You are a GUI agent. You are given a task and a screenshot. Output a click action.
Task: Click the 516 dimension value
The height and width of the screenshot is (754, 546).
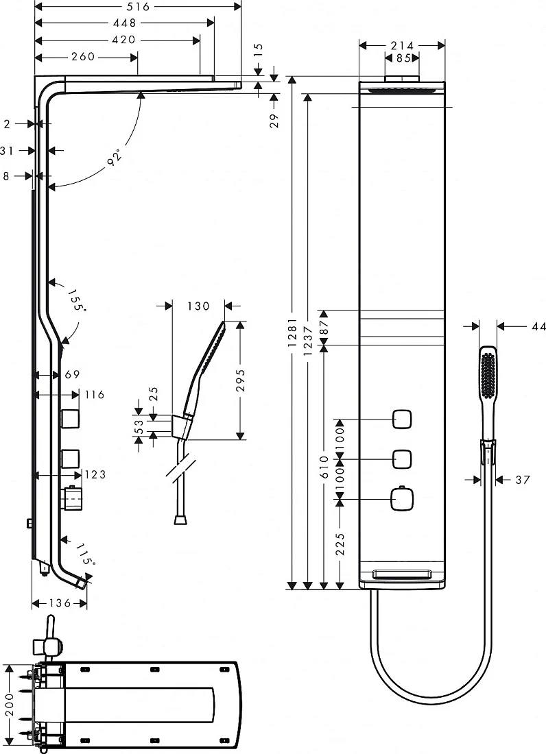click(139, 6)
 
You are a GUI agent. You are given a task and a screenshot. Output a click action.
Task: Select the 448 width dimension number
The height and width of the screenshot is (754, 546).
click(125, 23)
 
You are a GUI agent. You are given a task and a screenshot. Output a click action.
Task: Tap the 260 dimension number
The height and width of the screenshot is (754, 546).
click(83, 57)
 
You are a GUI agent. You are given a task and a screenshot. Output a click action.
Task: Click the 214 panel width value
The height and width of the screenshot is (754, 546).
click(402, 45)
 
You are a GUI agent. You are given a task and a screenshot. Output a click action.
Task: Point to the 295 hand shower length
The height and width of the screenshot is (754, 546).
click(241, 380)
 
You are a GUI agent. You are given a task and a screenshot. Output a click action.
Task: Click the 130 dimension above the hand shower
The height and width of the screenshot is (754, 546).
click(199, 306)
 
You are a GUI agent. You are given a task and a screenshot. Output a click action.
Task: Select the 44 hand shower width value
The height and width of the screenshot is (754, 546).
click(538, 326)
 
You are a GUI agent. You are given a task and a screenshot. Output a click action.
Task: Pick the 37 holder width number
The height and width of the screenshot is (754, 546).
click(523, 479)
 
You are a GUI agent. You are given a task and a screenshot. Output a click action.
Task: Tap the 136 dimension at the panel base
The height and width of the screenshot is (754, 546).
click(60, 603)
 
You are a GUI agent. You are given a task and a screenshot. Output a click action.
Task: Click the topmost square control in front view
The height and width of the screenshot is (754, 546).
click(402, 419)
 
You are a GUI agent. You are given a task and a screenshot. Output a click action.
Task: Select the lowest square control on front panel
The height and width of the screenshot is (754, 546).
click(402, 500)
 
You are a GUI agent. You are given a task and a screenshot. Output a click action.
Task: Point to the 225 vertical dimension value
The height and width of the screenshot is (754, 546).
click(340, 544)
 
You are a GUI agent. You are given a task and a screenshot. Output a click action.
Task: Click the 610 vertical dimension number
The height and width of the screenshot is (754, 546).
click(324, 467)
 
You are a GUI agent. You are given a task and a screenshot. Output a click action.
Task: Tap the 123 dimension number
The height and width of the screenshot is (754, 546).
click(95, 474)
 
